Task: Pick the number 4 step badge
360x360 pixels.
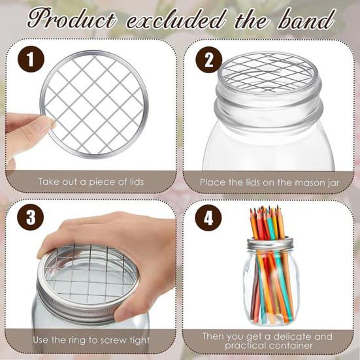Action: point(208,218)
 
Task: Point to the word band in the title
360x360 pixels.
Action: point(304,20)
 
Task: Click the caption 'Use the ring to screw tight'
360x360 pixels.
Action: point(91,340)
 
